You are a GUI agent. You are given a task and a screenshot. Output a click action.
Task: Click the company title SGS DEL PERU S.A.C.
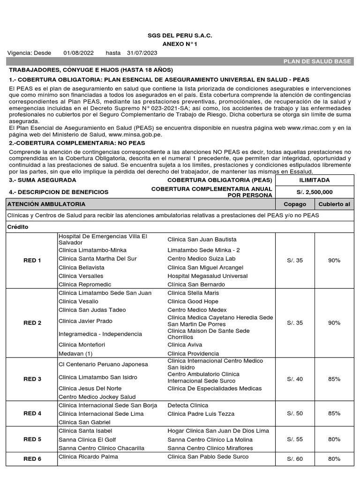pos(180,36)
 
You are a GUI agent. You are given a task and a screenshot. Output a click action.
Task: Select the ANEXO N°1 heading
pos(180,44)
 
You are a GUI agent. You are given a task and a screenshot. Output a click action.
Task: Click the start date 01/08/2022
pos(78,52)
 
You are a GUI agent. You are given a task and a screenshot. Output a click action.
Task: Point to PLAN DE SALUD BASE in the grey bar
pos(318,61)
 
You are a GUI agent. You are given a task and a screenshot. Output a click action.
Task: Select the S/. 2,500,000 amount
pos(315,192)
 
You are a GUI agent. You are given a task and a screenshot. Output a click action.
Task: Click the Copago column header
pos(295,204)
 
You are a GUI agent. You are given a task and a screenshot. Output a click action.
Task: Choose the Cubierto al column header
pos(334,204)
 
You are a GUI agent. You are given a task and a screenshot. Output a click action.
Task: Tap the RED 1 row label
pos(32,261)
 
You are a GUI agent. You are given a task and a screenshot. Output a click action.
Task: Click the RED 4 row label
pos(32,413)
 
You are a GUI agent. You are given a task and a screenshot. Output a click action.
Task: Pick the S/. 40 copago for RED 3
pos(295,379)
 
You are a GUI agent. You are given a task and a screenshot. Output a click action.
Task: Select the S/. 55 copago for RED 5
pos(295,439)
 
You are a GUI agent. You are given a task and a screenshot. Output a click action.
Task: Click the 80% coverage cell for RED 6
pos(334,459)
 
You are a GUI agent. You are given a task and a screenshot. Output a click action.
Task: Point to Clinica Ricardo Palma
pos(88,457)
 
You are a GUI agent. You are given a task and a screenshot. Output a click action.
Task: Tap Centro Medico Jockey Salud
pos(97,397)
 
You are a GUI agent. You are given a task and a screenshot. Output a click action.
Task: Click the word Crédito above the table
pos(18,226)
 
